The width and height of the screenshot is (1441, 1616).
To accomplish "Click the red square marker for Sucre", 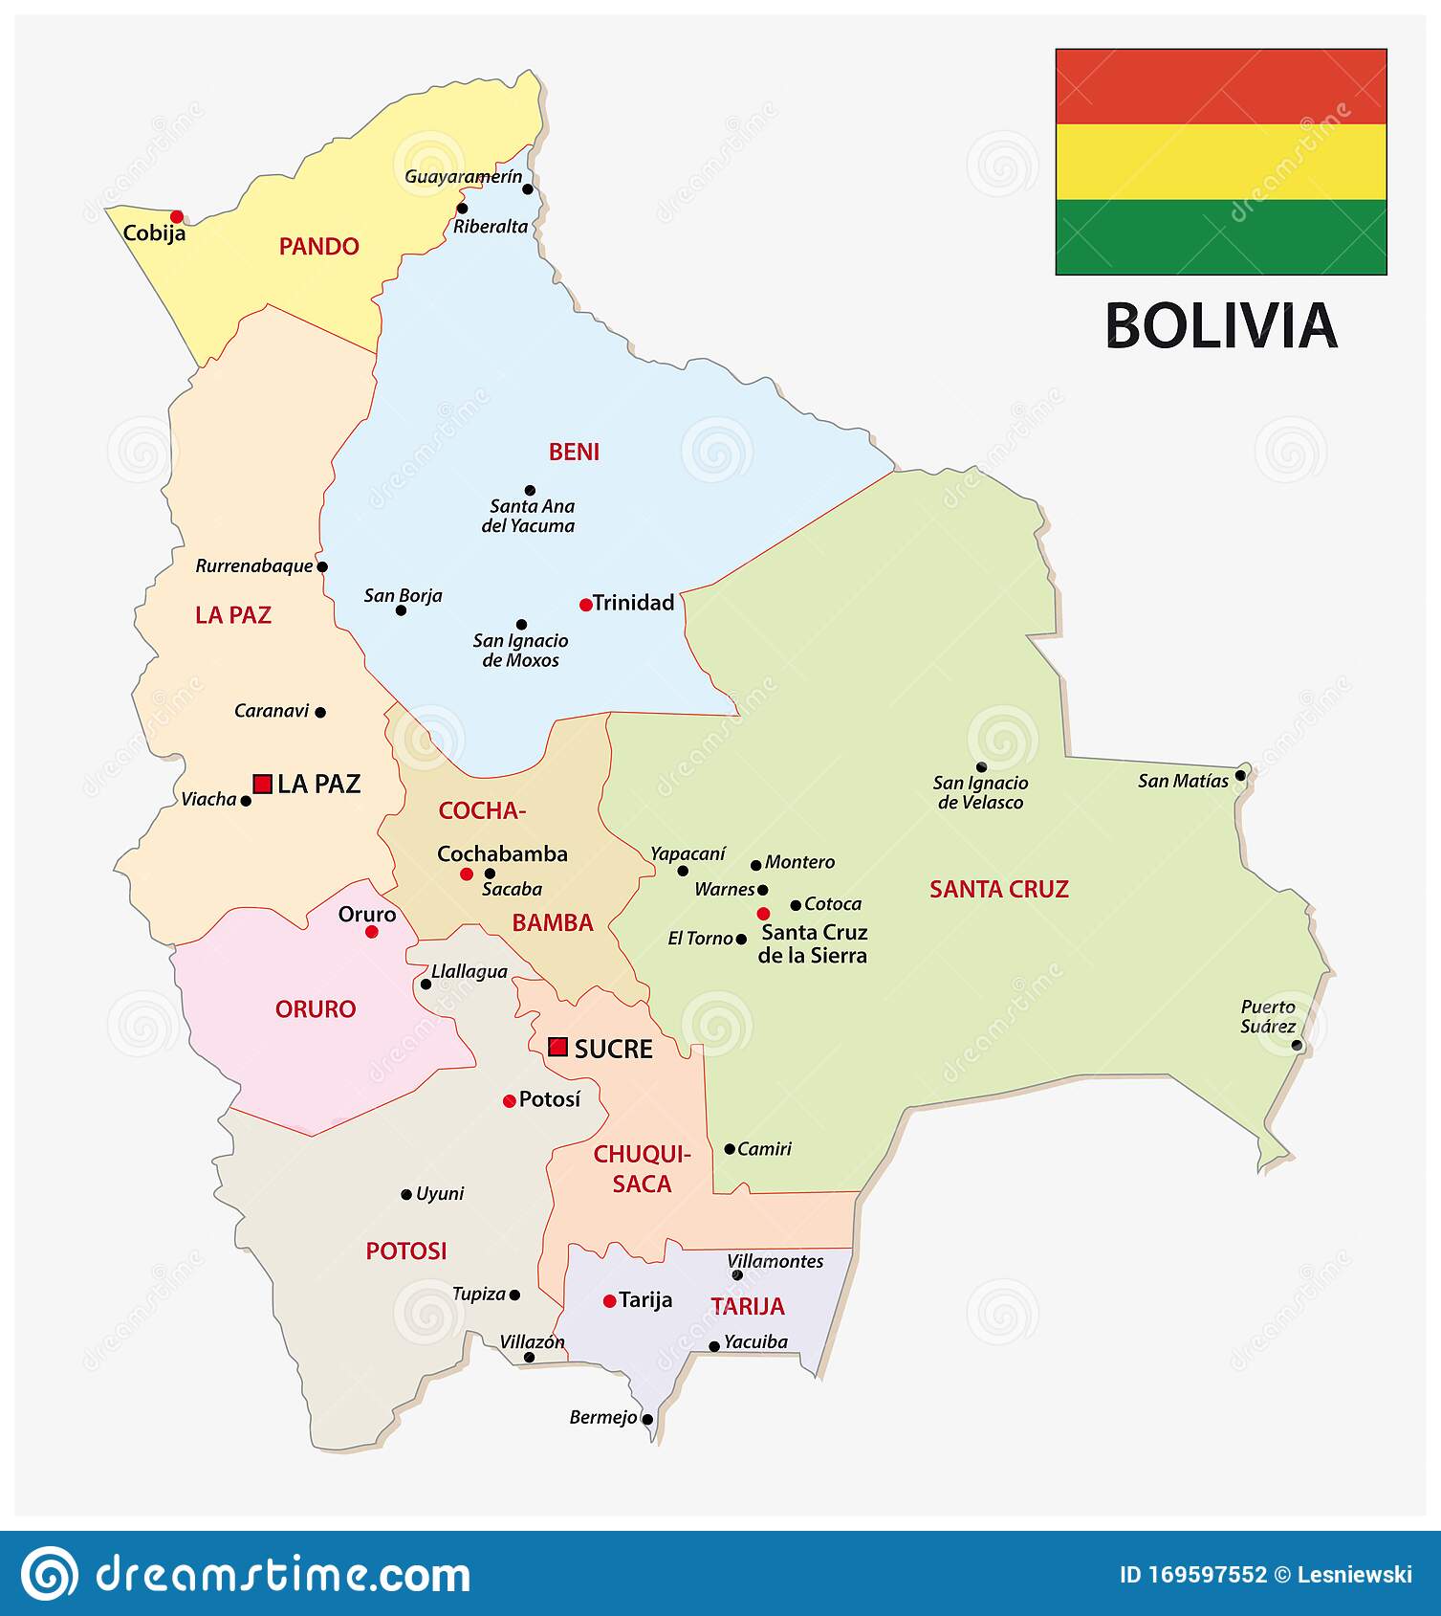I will [558, 1047].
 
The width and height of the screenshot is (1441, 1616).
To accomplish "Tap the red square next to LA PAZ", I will [262, 785].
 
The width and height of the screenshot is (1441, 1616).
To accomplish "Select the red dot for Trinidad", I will [585, 605].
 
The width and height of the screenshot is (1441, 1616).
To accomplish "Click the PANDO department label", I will [318, 247].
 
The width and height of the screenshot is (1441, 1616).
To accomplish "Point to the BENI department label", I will [574, 452].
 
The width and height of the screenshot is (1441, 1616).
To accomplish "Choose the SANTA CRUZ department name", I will [998, 889].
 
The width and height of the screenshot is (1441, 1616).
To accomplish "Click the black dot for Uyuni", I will [405, 1194].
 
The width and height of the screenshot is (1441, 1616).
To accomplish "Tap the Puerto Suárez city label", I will [1268, 1016].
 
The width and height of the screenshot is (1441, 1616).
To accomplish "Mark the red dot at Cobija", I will [177, 217].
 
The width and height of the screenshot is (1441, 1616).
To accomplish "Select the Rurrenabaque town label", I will [254, 565].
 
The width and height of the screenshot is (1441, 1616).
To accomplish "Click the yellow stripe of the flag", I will [1220, 161].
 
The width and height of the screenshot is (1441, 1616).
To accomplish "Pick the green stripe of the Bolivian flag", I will [1220, 236].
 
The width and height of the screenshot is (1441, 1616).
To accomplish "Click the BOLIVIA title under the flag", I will [1220, 326].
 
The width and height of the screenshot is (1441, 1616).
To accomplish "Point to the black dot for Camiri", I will [729, 1149].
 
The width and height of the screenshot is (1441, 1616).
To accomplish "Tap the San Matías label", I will [1183, 781].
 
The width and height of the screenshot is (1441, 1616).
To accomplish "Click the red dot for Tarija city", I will [609, 1301].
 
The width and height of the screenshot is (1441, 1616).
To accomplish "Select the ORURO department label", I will [316, 1008].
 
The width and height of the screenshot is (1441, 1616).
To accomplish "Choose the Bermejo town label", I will [602, 1417].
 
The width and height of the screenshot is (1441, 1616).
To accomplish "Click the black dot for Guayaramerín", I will [527, 189].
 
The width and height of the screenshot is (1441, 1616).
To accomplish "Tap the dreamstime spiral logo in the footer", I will [50, 1574].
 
